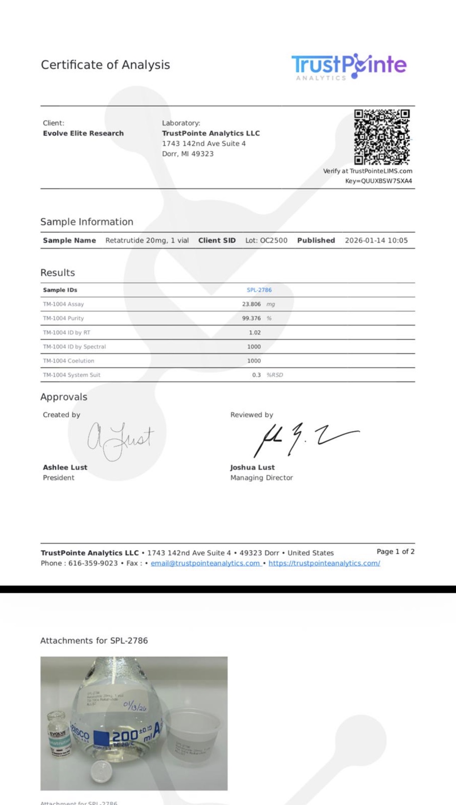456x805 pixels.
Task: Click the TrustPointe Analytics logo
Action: click(349, 66)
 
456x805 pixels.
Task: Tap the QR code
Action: click(382, 137)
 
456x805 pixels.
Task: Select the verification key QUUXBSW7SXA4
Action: click(386, 181)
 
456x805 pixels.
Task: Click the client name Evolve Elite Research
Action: click(83, 134)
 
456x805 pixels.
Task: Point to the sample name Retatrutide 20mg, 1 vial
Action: click(147, 241)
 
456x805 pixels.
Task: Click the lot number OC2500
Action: click(273, 241)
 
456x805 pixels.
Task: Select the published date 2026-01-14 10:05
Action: click(376, 241)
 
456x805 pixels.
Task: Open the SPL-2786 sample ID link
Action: click(259, 290)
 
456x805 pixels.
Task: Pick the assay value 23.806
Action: click(251, 304)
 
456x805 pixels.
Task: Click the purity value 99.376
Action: click(251, 318)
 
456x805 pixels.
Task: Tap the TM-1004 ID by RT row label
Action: click(66, 332)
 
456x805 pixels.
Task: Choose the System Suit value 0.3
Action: click(256, 375)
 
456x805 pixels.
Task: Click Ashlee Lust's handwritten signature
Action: click(120, 440)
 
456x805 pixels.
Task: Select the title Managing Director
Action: click(261, 478)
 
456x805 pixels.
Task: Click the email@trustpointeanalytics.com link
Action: click(206, 563)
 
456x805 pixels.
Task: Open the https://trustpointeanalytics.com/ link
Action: click(324, 563)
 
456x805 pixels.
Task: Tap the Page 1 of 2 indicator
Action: click(395, 552)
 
